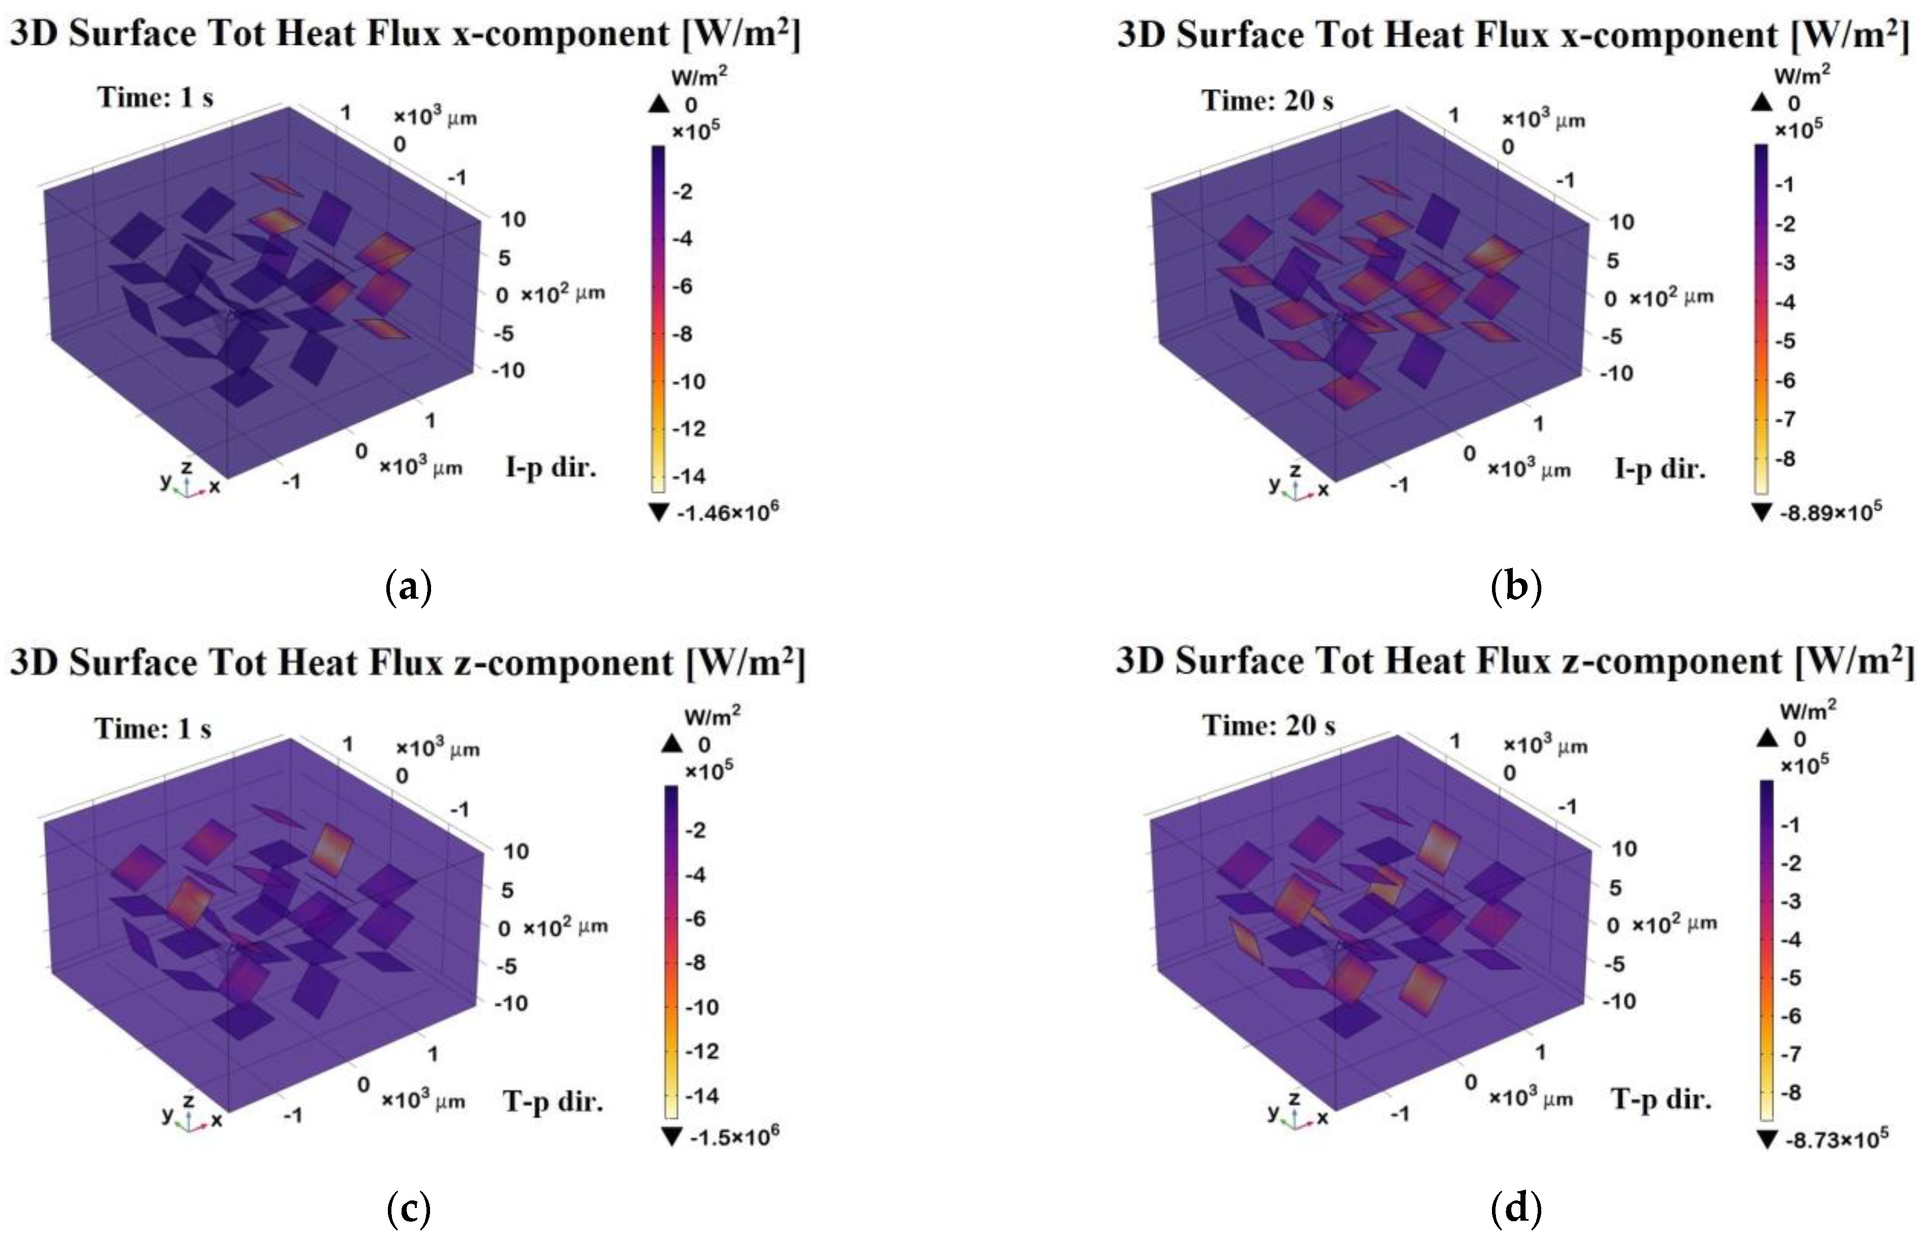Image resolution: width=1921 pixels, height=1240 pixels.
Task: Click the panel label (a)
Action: [409, 588]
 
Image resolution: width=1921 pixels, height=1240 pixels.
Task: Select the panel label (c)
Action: [409, 1208]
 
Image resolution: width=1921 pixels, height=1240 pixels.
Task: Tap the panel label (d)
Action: [1516, 1208]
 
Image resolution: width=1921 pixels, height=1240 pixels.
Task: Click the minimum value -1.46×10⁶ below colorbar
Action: [726, 511]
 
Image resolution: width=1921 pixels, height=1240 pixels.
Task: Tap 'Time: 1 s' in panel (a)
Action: [156, 98]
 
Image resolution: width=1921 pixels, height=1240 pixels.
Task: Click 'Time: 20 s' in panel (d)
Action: [1269, 726]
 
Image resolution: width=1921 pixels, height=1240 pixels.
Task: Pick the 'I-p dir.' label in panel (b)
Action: [1660, 469]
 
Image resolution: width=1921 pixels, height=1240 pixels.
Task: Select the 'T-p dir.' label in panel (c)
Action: [554, 1101]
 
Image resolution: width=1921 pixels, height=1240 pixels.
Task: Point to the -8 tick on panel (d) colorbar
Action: [1790, 1093]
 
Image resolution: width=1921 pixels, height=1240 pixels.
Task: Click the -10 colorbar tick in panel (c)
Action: [701, 1007]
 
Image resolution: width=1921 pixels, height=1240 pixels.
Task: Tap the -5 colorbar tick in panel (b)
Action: [1786, 340]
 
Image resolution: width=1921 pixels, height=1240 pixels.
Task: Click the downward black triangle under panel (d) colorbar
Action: [1766, 1139]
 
